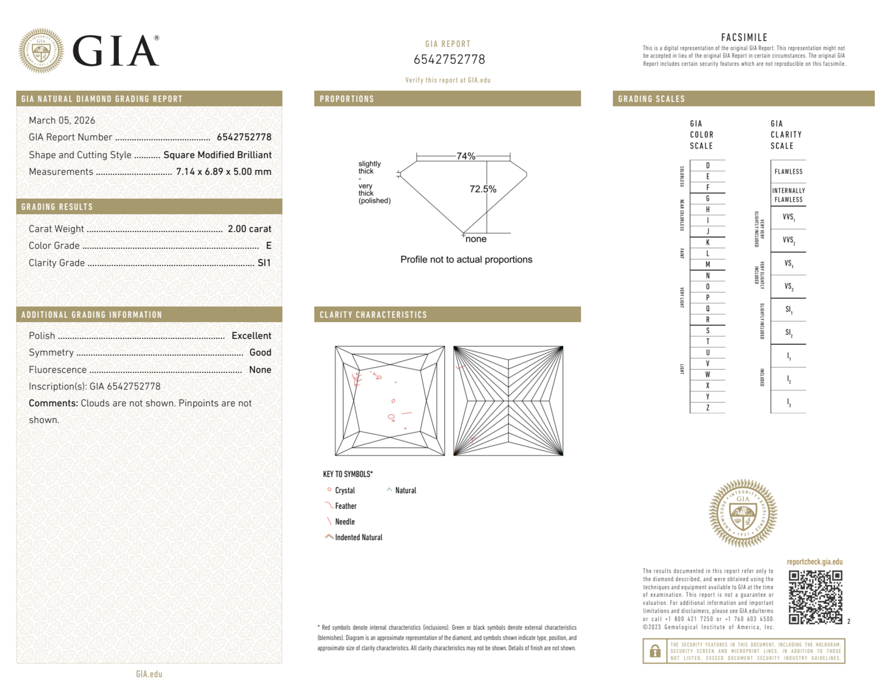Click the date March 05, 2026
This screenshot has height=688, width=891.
[62, 121]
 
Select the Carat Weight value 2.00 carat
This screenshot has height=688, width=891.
[249, 229]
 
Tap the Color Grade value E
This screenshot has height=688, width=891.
[269, 246]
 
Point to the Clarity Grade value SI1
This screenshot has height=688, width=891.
[264, 263]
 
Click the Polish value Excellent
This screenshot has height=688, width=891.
[251, 336]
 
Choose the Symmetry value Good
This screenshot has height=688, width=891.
[260, 352]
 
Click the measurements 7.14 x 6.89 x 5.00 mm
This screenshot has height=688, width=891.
[224, 172]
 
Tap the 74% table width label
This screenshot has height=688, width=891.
[466, 156]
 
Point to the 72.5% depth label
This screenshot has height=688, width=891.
[483, 189]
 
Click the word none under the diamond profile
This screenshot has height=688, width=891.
[476, 239]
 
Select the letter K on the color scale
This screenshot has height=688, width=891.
[708, 243]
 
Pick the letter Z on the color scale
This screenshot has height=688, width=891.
[708, 408]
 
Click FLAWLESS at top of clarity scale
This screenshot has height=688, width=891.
[788, 172]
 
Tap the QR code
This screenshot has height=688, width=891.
[815, 597]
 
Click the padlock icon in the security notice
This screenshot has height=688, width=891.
[655, 651]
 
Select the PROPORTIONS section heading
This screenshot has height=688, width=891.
[347, 99]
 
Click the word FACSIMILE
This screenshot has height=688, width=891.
[744, 38]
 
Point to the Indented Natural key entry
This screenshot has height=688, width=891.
[358, 538]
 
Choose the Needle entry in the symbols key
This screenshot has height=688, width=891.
[345, 522]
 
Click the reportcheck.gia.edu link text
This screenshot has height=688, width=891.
[814, 562]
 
